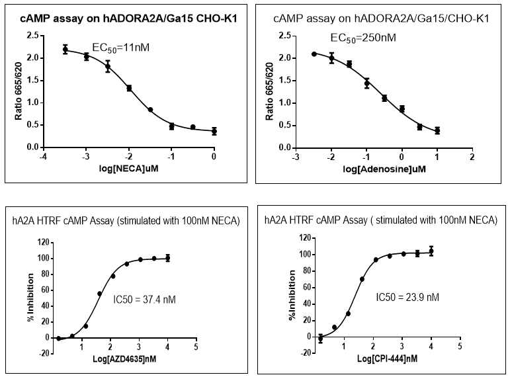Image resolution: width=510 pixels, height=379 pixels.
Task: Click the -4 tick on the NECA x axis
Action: click(44, 157)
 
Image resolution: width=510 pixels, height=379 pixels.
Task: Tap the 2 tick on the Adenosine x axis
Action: click(471, 157)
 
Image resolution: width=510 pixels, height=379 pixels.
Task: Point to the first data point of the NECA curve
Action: click(65, 50)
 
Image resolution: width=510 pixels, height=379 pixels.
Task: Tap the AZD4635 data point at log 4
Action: click(168, 258)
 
